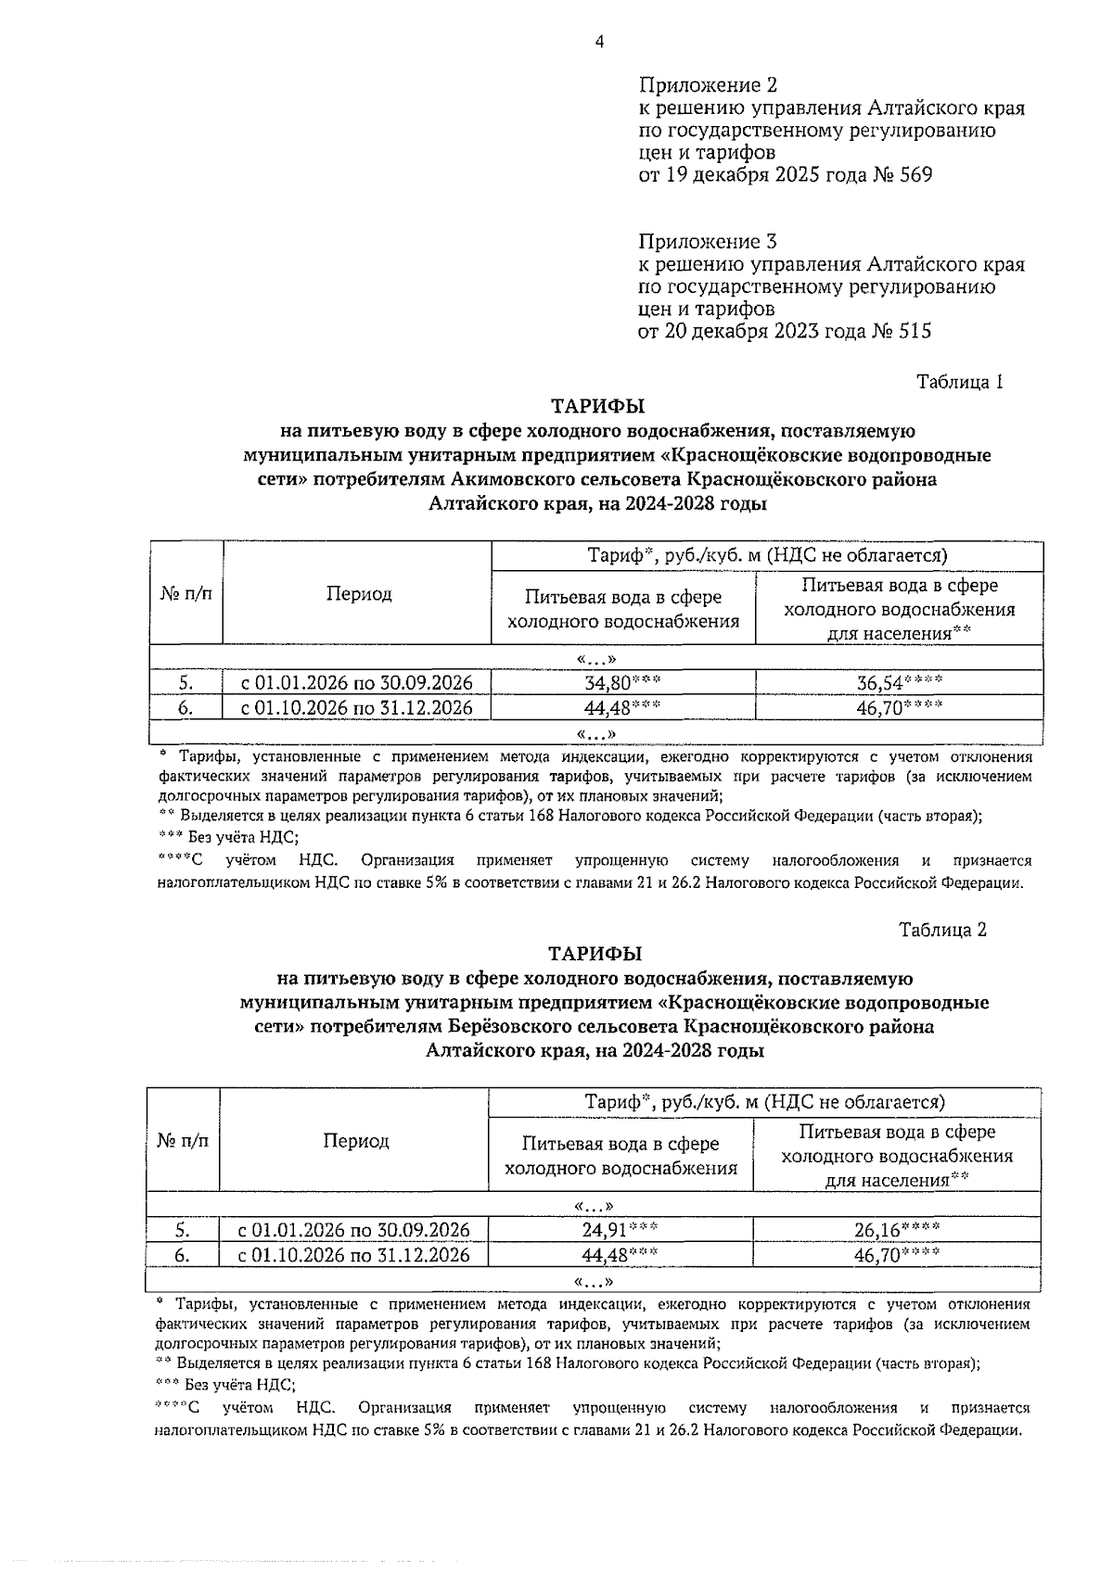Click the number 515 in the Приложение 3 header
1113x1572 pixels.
(913, 331)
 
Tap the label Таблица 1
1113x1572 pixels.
(960, 382)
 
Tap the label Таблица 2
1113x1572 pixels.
(942, 930)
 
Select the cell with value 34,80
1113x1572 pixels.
(622, 683)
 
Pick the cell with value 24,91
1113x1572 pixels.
(620, 1230)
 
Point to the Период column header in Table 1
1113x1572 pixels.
(358, 594)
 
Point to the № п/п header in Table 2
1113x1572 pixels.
(183, 1141)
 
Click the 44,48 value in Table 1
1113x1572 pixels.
(622, 708)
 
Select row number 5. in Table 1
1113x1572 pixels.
(186, 683)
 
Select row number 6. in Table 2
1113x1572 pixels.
(184, 1255)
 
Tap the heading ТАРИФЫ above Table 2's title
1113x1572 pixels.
(595, 954)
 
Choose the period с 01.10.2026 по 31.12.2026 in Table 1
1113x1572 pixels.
(357, 708)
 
